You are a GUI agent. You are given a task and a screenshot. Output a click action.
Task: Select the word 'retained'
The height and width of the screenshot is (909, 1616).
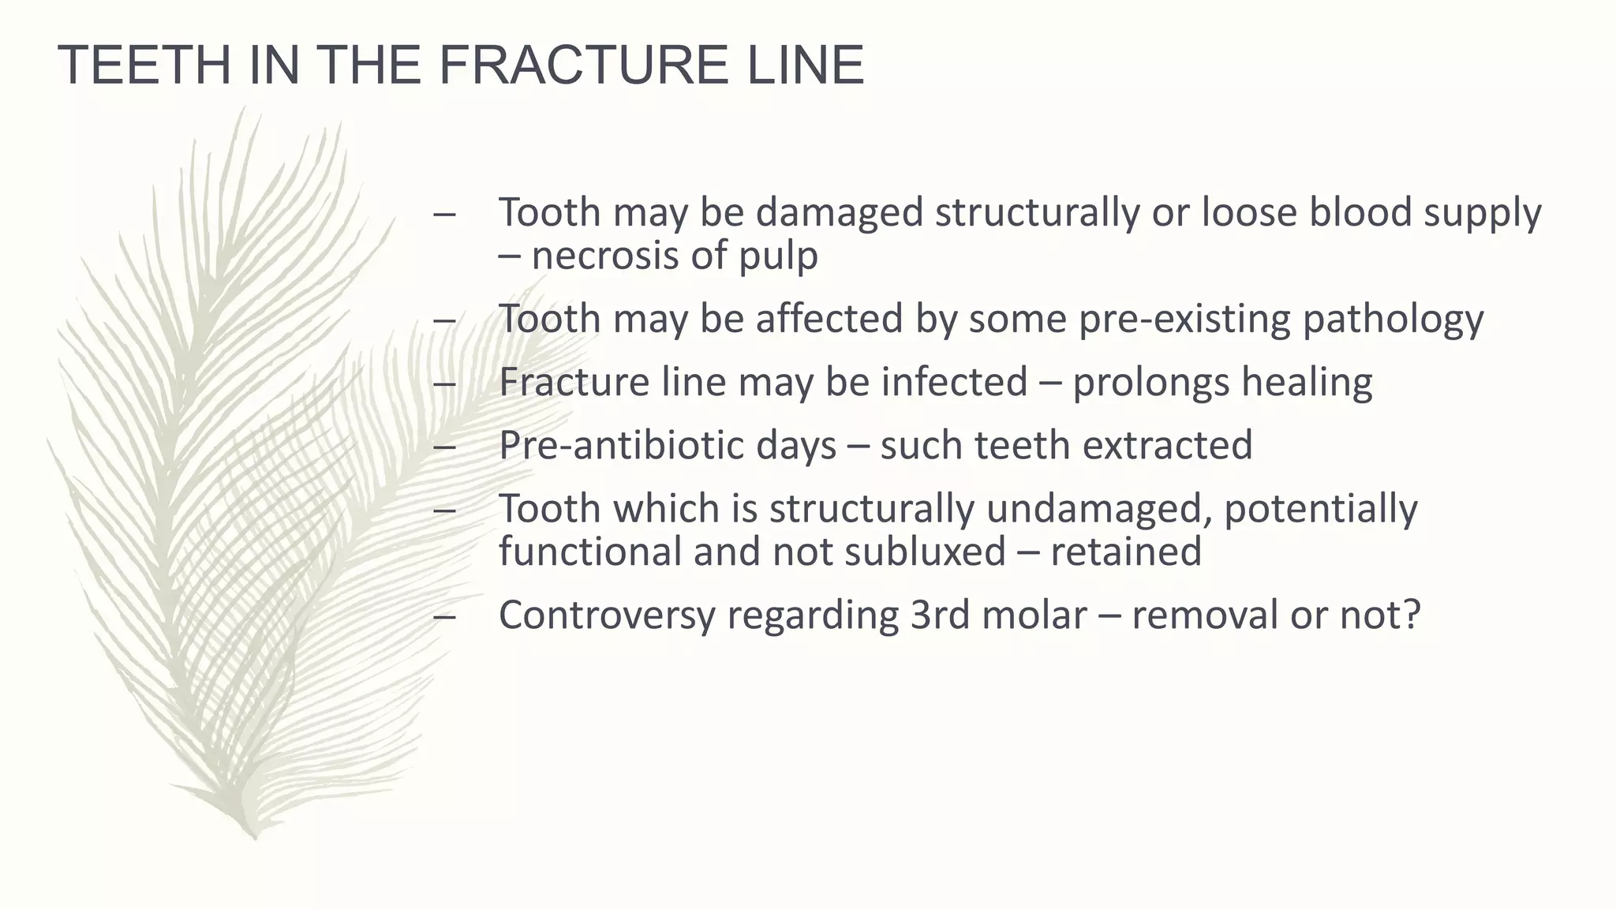(1126, 552)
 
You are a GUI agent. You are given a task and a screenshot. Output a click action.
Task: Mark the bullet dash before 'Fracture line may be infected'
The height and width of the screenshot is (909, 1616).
(444, 383)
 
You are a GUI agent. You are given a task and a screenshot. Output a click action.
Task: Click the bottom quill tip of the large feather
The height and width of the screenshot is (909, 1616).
(254, 836)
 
